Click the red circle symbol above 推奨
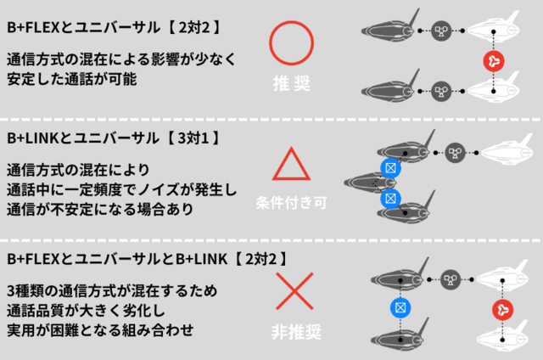tap(292, 42)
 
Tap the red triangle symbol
tap(292, 163)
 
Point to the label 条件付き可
tap(292, 204)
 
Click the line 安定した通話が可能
tap(71, 79)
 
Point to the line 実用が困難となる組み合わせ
tap(100, 329)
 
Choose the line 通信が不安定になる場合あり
tap(100, 208)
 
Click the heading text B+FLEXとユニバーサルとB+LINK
tap(104, 259)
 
